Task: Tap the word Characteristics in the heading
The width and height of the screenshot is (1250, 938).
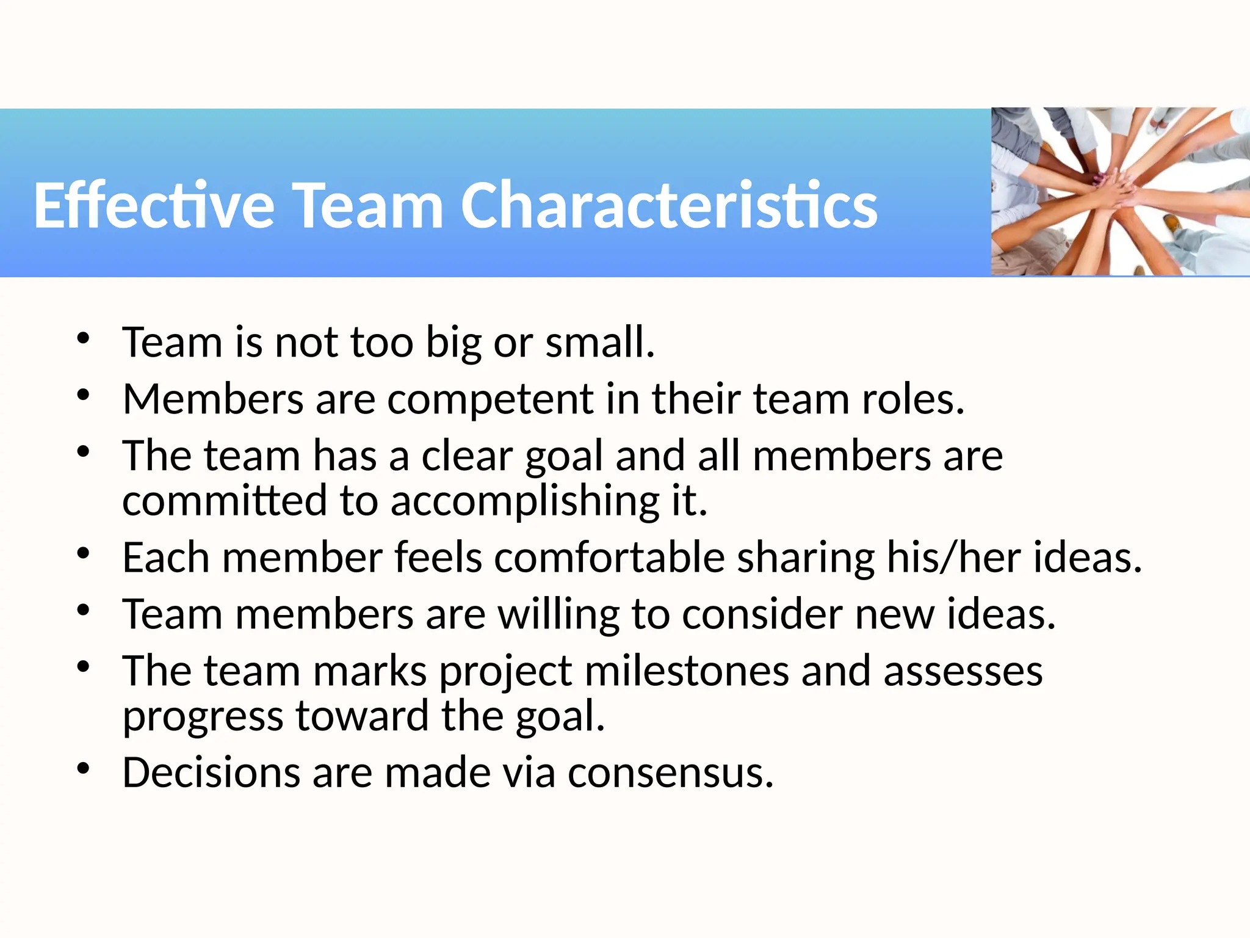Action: click(668, 206)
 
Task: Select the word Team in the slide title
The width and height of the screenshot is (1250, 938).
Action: click(369, 206)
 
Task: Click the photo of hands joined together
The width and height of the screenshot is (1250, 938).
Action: click(1120, 192)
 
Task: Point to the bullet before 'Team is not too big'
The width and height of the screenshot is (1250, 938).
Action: click(84, 338)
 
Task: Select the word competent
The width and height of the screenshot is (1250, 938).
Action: click(490, 399)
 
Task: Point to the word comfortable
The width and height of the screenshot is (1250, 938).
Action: click(609, 558)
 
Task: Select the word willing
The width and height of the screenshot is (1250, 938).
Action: click(558, 615)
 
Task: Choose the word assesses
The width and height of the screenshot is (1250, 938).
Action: click(963, 672)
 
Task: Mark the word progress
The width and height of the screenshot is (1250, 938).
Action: click(203, 717)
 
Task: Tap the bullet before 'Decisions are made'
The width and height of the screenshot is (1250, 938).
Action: click(84, 769)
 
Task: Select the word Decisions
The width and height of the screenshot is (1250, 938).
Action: click(211, 773)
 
